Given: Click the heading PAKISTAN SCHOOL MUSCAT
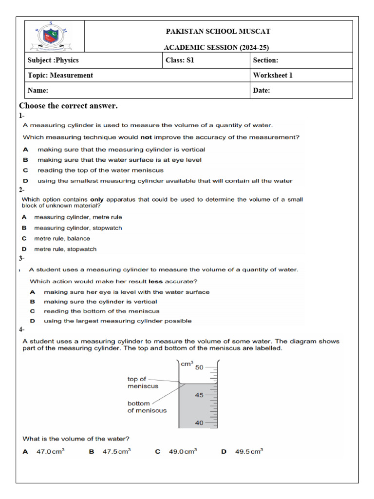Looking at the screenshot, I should click(218, 32).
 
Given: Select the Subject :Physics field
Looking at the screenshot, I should click(53, 60).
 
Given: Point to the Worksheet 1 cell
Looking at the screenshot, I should click(273, 76).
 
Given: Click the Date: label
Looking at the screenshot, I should click(262, 91).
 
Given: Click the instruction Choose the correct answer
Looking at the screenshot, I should click(68, 106).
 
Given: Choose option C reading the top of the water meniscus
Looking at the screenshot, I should click(100, 171).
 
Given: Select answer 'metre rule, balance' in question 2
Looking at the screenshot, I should click(62, 239).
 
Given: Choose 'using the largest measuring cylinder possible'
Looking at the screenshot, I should click(117, 321).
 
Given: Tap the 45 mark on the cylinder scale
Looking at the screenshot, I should click(199, 395).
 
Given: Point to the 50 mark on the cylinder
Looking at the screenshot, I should click(199, 367).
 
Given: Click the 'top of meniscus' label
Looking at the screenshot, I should click(137, 383).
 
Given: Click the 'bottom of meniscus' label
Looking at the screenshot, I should click(147, 407).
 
